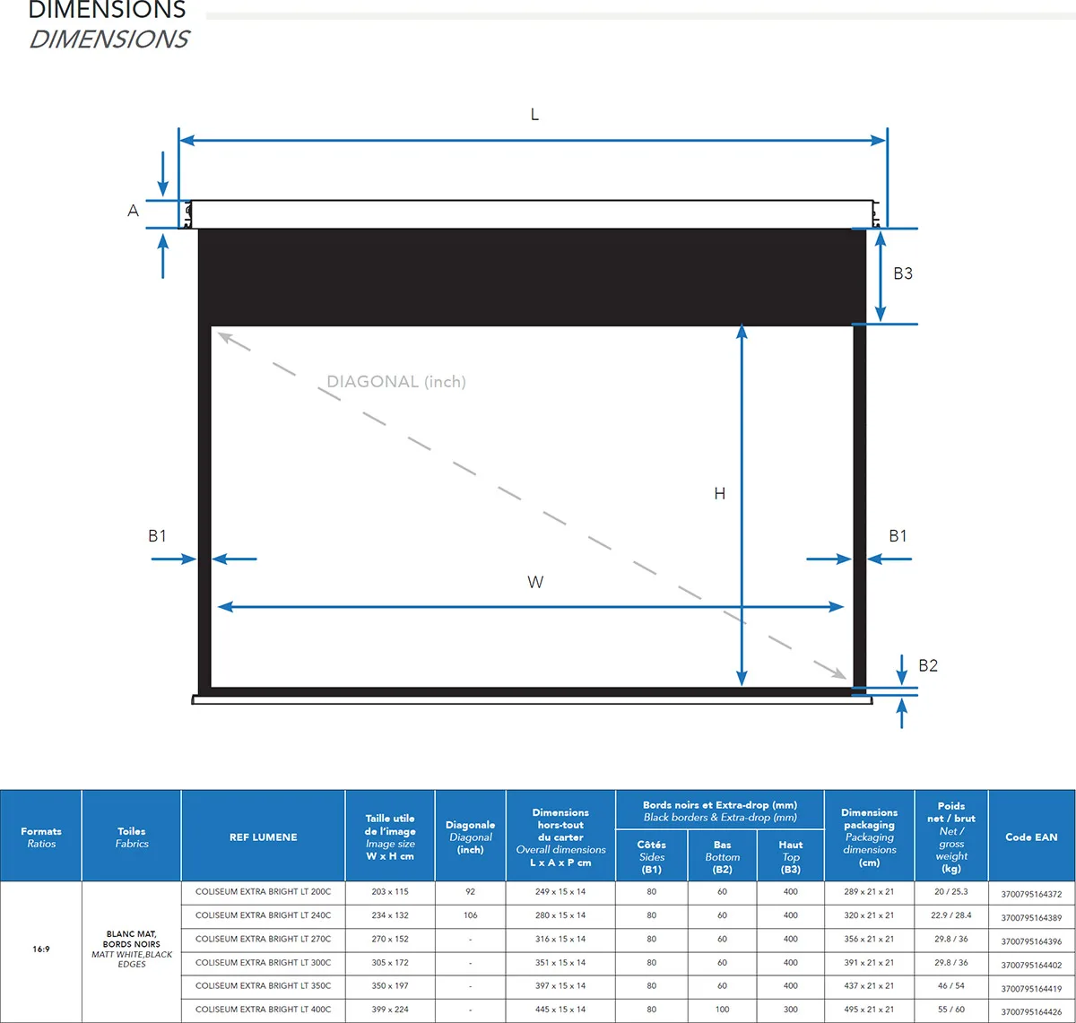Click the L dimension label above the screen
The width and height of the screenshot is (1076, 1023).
(x=534, y=115)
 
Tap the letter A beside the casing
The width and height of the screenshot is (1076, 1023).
(x=133, y=211)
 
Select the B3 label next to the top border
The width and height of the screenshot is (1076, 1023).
(x=903, y=273)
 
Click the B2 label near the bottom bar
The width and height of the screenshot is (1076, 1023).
(x=928, y=665)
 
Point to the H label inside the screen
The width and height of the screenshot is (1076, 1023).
(x=720, y=494)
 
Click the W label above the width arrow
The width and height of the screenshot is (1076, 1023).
(x=535, y=582)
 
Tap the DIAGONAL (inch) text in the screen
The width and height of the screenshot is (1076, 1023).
(x=396, y=382)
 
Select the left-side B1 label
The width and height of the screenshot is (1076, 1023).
(x=157, y=536)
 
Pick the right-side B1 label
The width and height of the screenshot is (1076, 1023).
(x=898, y=536)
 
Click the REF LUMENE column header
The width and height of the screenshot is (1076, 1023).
(x=264, y=837)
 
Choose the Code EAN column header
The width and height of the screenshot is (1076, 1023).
(x=1032, y=837)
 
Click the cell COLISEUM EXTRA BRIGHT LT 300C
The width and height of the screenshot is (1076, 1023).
(x=264, y=962)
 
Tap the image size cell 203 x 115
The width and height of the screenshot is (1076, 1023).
(x=390, y=891)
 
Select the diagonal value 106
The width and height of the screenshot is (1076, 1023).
(x=470, y=915)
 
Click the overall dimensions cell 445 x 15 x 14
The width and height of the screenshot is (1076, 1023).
(x=560, y=1010)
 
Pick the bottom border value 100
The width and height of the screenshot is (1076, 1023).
(x=723, y=1010)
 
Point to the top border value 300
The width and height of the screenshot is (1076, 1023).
(x=790, y=1010)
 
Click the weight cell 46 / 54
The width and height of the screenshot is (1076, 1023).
(x=951, y=985)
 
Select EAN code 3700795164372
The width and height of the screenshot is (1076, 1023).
(x=1032, y=895)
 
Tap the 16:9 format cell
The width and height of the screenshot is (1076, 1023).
(x=41, y=949)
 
